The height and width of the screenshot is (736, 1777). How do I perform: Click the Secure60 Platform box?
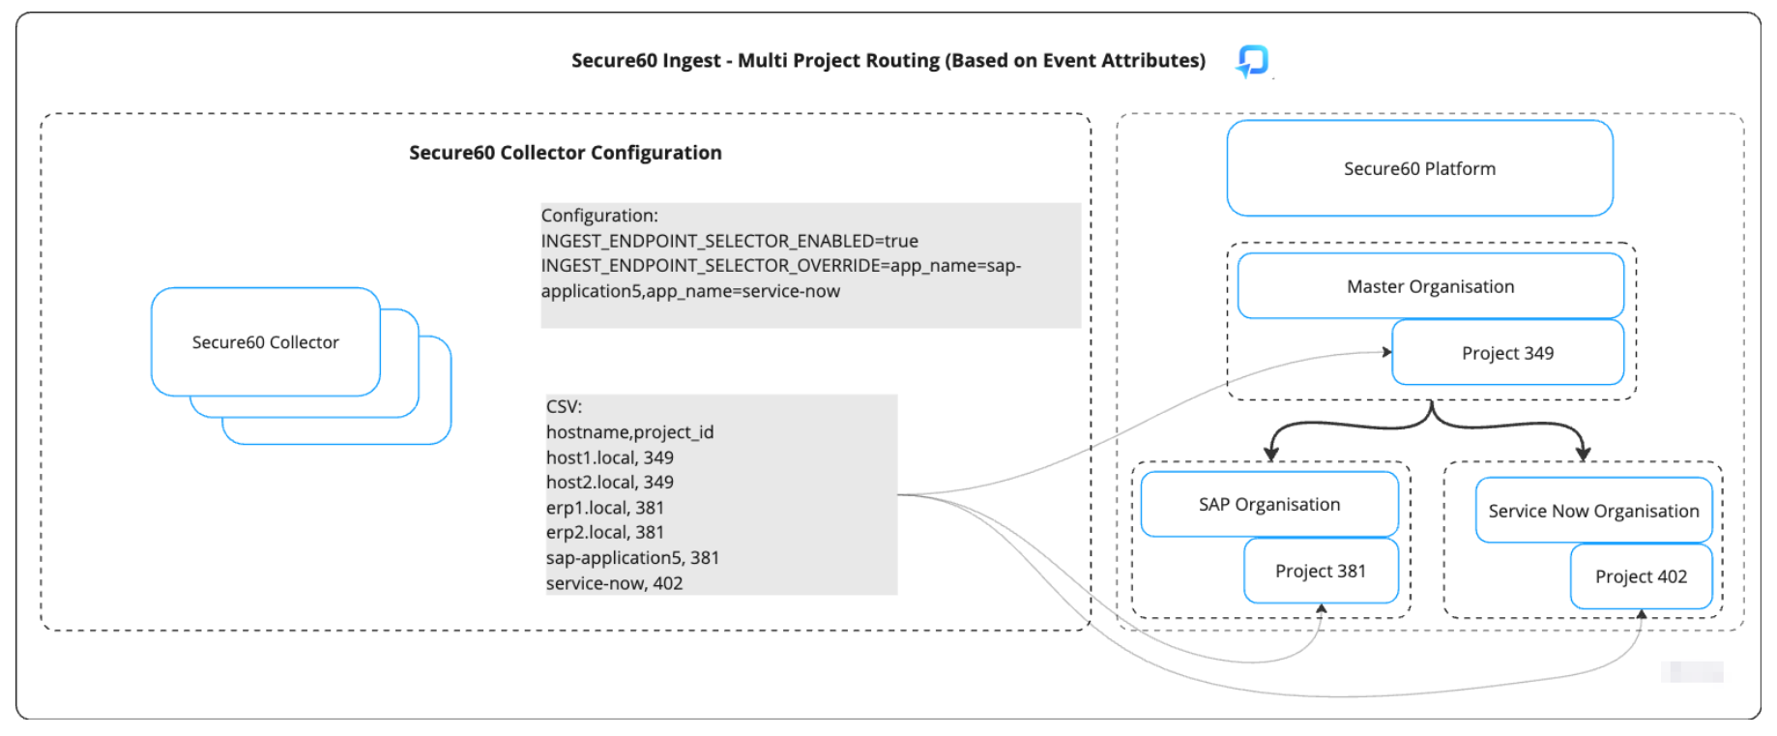tap(1418, 168)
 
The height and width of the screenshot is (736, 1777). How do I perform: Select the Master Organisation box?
tap(1430, 286)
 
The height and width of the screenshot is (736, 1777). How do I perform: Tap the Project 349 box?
tap(1506, 353)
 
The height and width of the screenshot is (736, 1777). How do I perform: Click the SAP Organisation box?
tap(1268, 504)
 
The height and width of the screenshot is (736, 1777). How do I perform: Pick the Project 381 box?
tap(1320, 571)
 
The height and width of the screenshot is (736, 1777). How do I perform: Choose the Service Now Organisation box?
tap(1592, 511)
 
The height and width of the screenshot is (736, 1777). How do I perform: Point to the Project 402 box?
tap(1640, 576)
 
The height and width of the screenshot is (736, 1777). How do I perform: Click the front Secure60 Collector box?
tap(265, 342)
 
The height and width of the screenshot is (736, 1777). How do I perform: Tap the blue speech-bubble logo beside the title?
tap(1253, 61)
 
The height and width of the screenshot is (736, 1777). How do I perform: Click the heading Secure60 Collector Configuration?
tap(565, 153)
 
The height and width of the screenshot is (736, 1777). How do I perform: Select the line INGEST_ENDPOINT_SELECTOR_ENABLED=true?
tap(729, 241)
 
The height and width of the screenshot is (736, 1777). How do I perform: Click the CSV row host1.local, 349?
tap(609, 457)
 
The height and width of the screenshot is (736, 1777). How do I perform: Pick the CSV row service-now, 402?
tap(614, 583)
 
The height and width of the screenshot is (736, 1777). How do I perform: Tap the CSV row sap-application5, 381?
tap(632, 558)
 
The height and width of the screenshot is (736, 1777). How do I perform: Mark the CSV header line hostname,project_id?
tap(629, 432)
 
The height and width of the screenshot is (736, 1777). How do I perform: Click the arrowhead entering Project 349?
tap(1386, 352)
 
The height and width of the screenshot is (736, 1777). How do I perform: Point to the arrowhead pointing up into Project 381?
tap(1321, 608)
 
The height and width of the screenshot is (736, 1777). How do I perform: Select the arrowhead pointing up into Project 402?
tap(1641, 614)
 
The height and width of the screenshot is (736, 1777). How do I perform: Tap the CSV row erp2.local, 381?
tap(604, 532)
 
